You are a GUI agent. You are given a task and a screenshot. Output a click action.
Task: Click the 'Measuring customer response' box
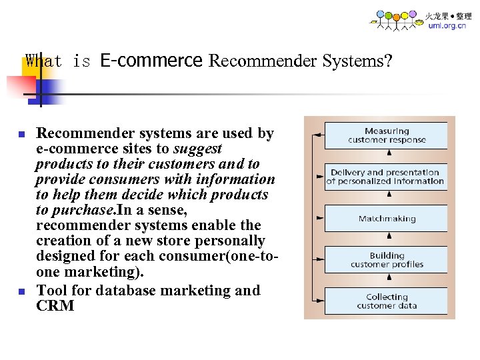click(x=386, y=135)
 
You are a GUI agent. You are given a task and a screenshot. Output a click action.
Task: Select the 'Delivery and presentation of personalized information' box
click(x=386, y=177)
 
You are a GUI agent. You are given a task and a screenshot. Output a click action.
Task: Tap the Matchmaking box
click(x=386, y=219)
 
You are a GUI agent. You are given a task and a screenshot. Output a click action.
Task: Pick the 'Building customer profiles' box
click(x=386, y=260)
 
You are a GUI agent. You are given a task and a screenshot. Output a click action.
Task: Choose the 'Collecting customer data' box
click(x=386, y=301)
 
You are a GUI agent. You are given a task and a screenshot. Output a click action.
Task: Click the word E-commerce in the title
click(x=151, y=61)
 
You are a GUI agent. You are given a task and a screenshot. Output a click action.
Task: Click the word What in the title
click(x=43, y=61)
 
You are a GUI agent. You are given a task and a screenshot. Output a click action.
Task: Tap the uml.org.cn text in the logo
click(x=447, y=26)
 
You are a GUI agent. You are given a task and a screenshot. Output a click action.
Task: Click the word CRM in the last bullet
click(x=55, y=306)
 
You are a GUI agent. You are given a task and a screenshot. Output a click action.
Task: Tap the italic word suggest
click(x=198, y=149)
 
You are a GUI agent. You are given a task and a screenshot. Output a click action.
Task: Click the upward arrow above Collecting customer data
click(x=389, y=279)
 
